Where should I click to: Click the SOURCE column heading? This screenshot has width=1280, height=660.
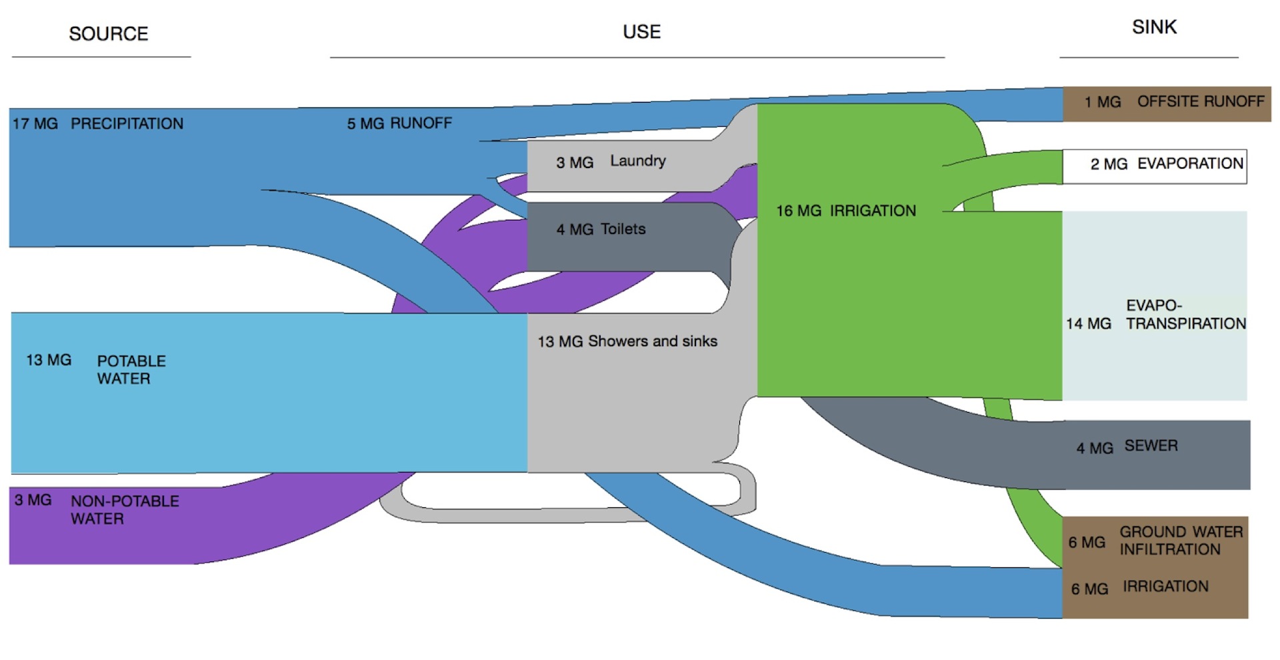(109, 34)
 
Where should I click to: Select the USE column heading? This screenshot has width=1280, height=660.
(641, 32)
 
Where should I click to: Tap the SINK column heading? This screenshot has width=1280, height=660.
(1154, 27)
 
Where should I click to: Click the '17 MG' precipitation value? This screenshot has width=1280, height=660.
(35, 124)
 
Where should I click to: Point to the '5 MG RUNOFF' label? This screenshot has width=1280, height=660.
(399, 123)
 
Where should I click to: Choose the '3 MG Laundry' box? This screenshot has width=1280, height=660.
(611, 162)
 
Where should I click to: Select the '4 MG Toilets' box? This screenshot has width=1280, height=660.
(601, 229)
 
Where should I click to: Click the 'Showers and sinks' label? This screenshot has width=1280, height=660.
(652, 341)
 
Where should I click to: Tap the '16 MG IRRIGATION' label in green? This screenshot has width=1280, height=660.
(845, 211)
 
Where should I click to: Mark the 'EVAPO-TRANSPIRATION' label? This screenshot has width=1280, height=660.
(1185, 315)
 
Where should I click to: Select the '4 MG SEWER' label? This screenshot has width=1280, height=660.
(1127, 447)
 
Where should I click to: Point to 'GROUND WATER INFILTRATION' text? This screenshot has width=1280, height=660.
(1181, 541)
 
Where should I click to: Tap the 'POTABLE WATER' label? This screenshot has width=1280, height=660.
(131, 370)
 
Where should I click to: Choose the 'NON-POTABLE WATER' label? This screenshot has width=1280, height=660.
(125, 510)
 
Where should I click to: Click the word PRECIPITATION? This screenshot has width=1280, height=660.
(127, 124)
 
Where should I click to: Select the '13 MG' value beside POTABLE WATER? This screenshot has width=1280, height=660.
(49, 361)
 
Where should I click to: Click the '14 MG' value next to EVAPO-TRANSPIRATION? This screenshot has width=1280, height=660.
(1088, 324)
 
